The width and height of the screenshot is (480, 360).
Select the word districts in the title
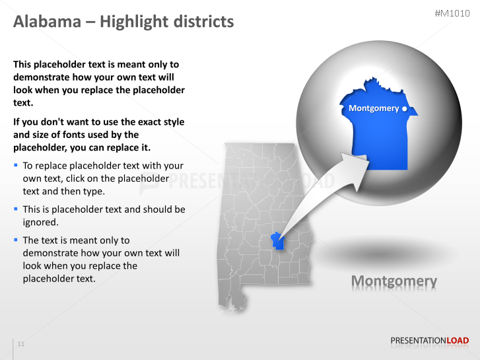click(x=202, y=22)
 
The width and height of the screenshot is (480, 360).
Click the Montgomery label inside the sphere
click(x=373, y=108)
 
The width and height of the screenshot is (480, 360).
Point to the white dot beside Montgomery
click(x=405, y=108)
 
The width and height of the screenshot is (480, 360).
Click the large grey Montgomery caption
click(x=394, y=281)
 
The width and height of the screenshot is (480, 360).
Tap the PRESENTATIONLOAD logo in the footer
click(x=429, y=341)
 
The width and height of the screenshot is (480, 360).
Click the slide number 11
click(x=21, y=344)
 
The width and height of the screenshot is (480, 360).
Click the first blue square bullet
click(x=16, y=164)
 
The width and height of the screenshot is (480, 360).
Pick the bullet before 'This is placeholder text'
click(x=16, y=209)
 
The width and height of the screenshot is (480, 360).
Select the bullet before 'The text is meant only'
click(x=16, y=240)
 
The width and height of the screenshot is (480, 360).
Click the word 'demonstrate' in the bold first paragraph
click(x=43, y=77)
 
